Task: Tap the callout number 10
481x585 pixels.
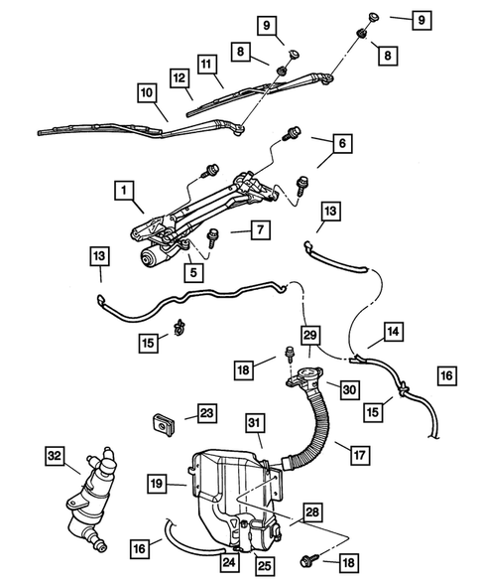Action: tap(146, 95)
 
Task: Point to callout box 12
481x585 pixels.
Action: tap(180, 76)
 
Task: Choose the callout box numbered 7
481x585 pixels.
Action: tap(257, 230)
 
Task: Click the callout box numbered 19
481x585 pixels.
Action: tap(158, 485)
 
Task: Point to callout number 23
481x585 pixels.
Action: tap(205, 411)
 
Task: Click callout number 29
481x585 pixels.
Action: tap(310, 337)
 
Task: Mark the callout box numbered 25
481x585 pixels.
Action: tap(264, 568)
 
